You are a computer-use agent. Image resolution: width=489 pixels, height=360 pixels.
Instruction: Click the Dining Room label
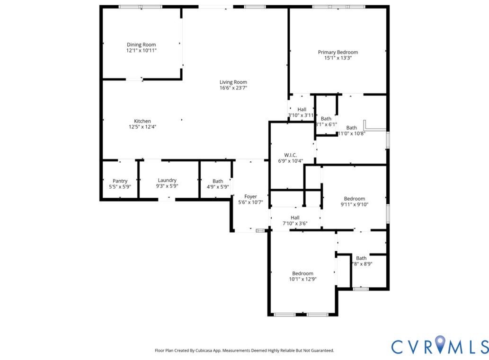[x=141, y=45]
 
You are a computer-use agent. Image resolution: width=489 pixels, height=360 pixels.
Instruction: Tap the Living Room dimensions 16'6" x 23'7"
[x=233, y=88]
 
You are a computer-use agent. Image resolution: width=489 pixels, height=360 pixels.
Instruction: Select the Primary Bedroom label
[x=338, y=52]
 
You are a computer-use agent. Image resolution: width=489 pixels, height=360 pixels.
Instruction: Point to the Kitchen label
[x=142, y=121]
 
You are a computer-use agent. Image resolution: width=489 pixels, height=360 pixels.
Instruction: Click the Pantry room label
[x=120, y=181]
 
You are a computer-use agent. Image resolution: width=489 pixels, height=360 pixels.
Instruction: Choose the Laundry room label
[x=167, y=180]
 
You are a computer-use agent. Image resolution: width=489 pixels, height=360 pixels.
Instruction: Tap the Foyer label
[x=250, y=196]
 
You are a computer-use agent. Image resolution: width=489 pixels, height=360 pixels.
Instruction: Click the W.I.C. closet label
[x=290, y=155]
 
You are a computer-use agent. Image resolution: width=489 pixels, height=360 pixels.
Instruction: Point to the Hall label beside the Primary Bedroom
[x=302, y=109]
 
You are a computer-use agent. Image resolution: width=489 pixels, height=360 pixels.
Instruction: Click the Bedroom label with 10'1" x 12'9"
[x=302, y=273]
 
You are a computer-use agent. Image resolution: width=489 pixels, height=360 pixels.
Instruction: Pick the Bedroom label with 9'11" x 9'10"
[x=354, y=199]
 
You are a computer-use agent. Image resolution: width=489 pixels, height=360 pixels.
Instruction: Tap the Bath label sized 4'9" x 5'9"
[x=218, y=181]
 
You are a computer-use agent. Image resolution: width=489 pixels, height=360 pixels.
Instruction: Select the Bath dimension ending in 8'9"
[x=362, y=264]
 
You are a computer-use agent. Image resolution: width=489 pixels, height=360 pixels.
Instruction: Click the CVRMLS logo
[x=439, y=346]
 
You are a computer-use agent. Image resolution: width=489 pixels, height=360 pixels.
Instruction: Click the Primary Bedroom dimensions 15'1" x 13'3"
[x=338, y=58]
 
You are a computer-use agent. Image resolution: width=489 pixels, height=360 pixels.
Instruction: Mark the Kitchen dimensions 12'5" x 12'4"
[x=142, y=127]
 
